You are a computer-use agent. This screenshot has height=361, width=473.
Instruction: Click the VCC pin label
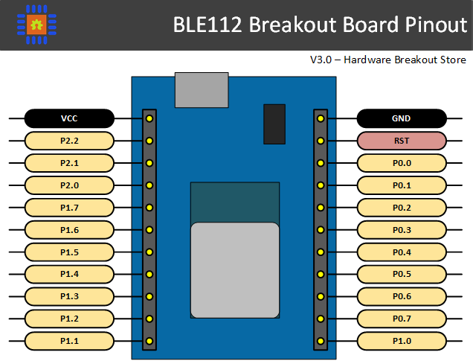click(x=69, y=118)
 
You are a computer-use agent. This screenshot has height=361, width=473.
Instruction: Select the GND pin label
click(x=402, y=118)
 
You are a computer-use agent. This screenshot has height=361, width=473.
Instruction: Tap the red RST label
click(x=402, y=140)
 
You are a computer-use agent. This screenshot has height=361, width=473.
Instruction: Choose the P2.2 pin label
click(x=69, y=140)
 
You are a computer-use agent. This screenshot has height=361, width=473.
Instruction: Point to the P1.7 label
click(x=69, y=207)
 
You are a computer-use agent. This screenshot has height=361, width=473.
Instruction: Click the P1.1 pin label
click(x=69, y=341)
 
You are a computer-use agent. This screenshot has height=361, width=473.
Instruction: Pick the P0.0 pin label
click(x=402, y=162)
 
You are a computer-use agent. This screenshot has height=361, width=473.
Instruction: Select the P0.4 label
click(x=402, y=252)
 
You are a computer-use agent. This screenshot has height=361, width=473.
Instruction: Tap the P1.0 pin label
click(x=402, y=341)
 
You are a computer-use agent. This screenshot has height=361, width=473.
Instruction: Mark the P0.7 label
click(x=402, y=319)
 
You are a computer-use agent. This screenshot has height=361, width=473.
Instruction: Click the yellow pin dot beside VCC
click(x=149, y=118)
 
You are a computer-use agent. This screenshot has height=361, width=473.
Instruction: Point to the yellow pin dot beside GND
click(x=321, y=118)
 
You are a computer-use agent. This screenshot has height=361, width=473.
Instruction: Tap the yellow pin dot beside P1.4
click(x=149, y=274)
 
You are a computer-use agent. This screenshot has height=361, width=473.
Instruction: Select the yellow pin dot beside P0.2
click(x=321, y=207)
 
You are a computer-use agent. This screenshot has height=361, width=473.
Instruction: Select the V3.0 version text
click(x=322, y=60)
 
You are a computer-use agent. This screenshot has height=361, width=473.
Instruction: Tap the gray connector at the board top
click(x=202, y=90)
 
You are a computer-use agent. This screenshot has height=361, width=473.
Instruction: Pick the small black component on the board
click(x=274, y=124)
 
